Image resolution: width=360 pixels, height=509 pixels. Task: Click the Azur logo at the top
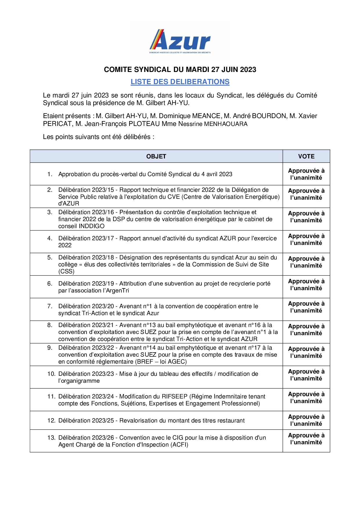(180, 41)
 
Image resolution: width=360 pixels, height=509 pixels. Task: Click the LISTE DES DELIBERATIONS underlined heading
(180, 82)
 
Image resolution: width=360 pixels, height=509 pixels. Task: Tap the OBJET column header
(156, 156)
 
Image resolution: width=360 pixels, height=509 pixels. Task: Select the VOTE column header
(306, 156)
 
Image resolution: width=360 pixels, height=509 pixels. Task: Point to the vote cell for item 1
(306, 174)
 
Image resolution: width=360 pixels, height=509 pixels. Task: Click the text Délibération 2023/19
(86, 284)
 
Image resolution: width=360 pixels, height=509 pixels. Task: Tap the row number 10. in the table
(51, 374)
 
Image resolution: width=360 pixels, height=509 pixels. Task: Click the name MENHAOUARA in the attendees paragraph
(226, 124)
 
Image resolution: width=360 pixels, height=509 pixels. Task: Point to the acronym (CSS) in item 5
(66, 271)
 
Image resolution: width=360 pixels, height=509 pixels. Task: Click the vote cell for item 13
(306, 439)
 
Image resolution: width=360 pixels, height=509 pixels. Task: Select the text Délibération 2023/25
(86, 420)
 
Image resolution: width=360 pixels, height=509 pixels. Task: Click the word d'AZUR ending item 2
(69, 203)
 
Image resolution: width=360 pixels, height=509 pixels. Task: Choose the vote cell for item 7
(306, 307)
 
